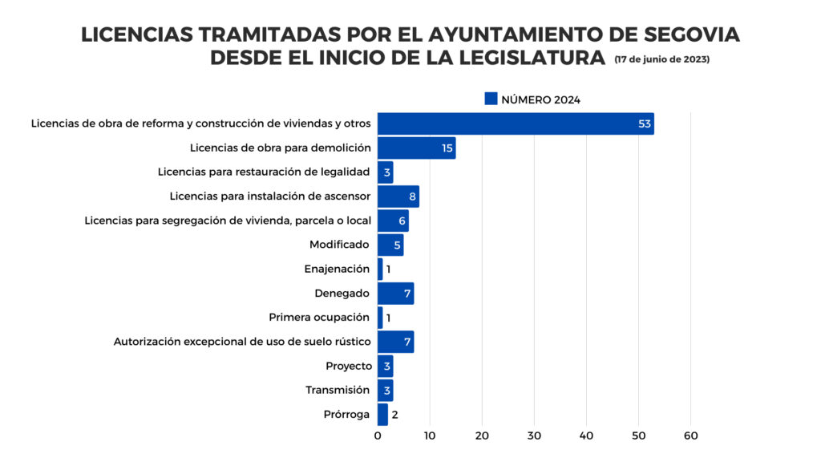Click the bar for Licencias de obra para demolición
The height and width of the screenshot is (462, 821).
click(416, 148)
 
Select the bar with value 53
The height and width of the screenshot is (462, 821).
click(516, 124)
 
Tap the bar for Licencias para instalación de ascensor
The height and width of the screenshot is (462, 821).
click(398, 197)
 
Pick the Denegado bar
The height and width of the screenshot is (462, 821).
click(395, 294)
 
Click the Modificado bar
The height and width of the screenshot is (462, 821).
click(390, 245)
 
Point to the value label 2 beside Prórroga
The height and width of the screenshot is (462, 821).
click(394, 415)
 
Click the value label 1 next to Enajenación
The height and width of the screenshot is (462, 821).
click(388, 269)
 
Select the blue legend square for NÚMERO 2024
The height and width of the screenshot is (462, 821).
click(491, 99)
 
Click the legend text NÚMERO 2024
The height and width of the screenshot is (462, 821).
click(540, 99)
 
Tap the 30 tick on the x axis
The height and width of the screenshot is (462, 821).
click(534, 436)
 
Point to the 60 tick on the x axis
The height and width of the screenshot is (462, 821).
click(690, 436)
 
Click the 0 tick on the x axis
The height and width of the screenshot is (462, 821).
click(378, 436)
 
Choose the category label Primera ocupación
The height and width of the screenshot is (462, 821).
click(319, 318)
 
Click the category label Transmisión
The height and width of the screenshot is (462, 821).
click(338, 391)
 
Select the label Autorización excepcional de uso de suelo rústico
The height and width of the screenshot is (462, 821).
click(242, 342)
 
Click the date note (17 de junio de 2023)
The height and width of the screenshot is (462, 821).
click(661, 60)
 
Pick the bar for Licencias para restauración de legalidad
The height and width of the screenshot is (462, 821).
click(385, 172)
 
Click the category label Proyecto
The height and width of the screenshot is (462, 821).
click(348, 366)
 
